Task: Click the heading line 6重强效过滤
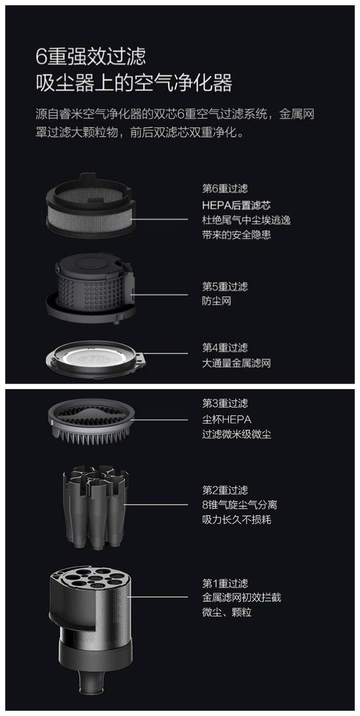pos(91,56)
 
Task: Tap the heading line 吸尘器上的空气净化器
pos(133,83)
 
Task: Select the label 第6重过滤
pos(224,189)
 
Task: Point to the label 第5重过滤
pos(224,287)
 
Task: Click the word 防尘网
pos(217,301)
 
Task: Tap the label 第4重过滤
pos(224,348)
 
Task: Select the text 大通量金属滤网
pos(236,363)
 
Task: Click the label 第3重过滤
pos(224,404)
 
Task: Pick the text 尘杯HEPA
pos(227,420)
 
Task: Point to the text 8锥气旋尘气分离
pos(240,505)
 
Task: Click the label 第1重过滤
pos(224,583)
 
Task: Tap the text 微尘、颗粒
pos(227,612)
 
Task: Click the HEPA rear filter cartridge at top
pos(90,205)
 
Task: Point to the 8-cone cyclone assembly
pos(93,503)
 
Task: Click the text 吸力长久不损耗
pos(236,519)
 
